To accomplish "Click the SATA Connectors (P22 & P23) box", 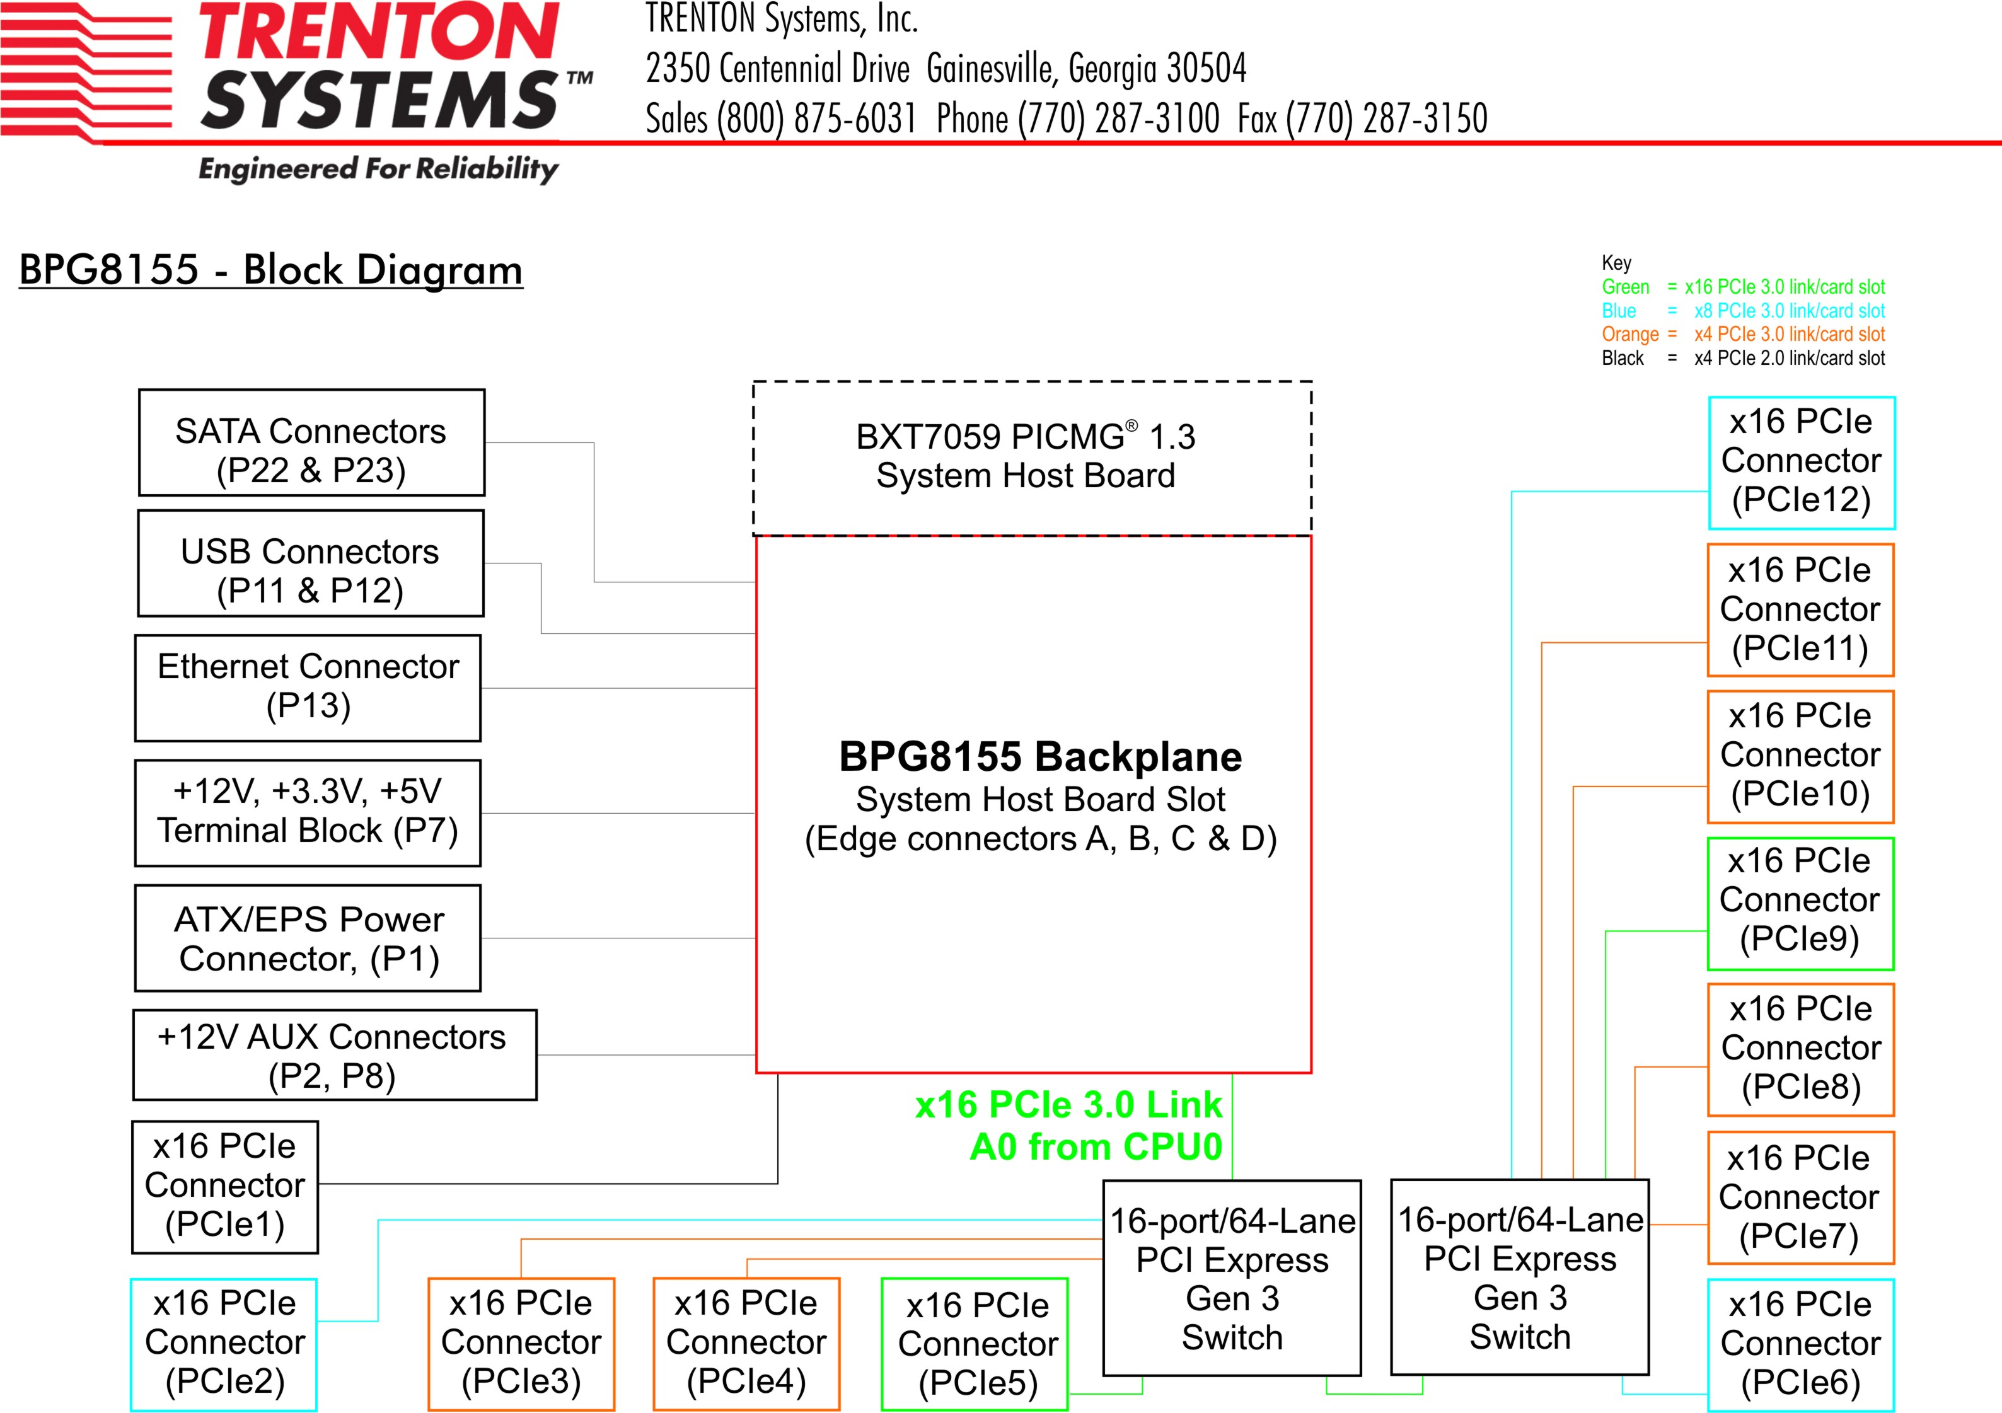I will tap(311, 443).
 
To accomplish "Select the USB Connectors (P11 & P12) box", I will tap(310, 564).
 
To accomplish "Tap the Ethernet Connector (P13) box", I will tap(308, 688).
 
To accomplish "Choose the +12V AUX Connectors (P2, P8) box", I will tap(335, 1055).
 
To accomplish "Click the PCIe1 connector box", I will tap(225, 1186).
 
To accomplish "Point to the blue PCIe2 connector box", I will tap(224, 1343).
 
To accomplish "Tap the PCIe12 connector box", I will tap(1802, 463).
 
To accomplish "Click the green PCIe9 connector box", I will tap(1800, 903).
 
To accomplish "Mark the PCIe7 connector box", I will tap(1800, 1197).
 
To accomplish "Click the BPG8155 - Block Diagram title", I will tap(270, 269).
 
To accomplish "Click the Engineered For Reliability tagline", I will tap(378, 168).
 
